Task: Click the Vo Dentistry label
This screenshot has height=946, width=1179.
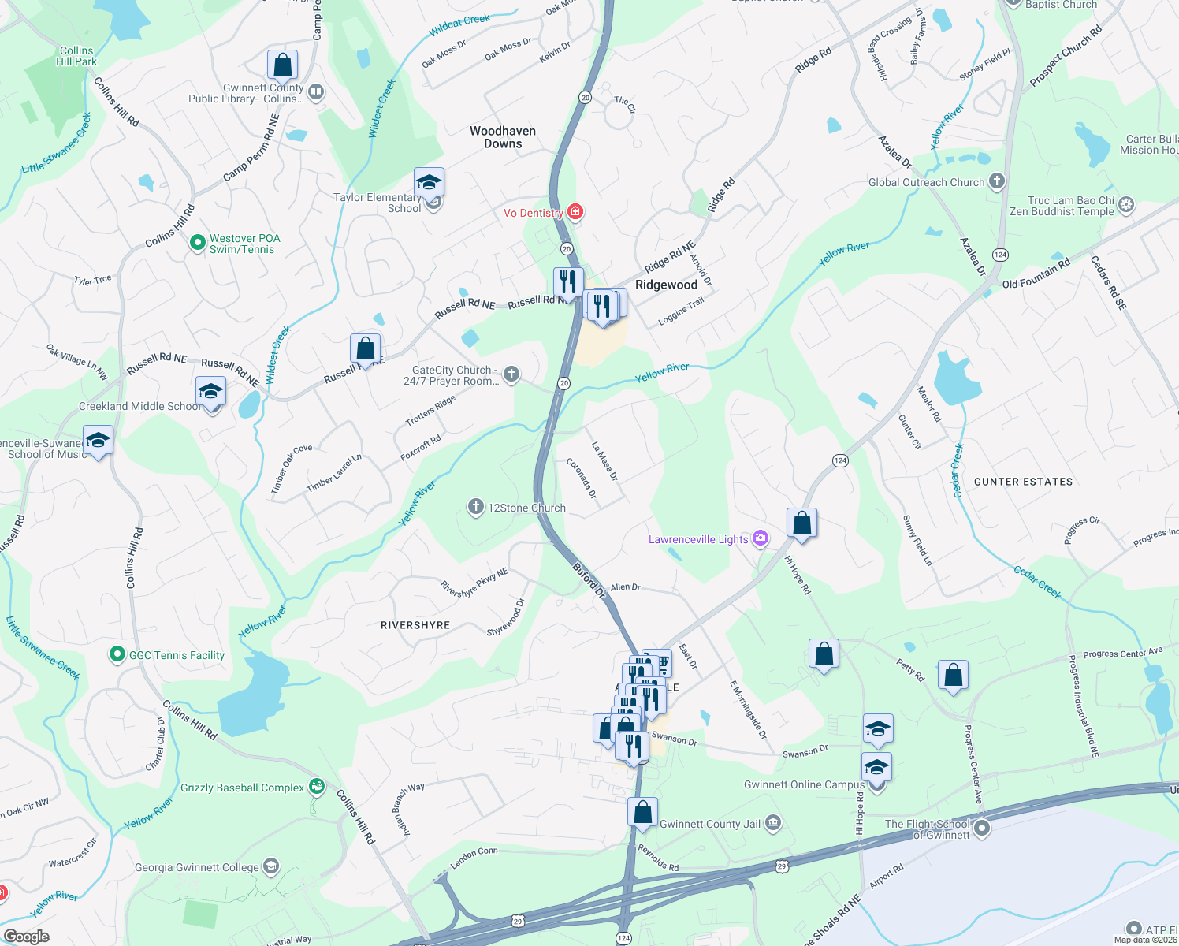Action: click(534, 213)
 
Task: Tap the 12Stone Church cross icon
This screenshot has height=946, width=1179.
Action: click(475, 507)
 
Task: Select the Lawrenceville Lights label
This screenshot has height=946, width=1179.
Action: click(698, 539)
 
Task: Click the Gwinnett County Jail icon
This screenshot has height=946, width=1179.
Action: click(773, 824)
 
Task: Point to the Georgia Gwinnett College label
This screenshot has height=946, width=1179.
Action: click(197, 867)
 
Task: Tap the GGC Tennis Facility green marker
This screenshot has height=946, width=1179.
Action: click(117, 654)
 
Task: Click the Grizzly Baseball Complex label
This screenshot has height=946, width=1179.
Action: click(242, 788)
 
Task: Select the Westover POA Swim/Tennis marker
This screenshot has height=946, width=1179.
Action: click(198, 243)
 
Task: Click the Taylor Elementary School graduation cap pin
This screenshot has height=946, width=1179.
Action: click(429, 184)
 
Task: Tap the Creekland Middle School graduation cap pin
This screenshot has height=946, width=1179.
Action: click(210, 392)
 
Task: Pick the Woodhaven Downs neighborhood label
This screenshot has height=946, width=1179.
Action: click(503, 137)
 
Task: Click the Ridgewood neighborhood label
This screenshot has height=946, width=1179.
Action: click(666, 285)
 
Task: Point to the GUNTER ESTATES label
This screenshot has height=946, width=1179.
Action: click(1023, 482)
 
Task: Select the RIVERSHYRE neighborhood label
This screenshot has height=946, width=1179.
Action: click(415, 625)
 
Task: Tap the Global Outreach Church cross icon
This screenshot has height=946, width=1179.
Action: click(997, 181)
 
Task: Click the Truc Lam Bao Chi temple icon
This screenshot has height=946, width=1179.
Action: click(1126, 205)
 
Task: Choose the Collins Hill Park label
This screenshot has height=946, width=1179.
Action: click(76, 56)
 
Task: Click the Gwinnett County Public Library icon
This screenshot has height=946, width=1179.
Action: click(316, 92)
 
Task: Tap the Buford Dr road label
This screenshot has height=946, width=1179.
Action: click(588, 579)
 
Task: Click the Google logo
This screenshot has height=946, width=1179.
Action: click(26, 937)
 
